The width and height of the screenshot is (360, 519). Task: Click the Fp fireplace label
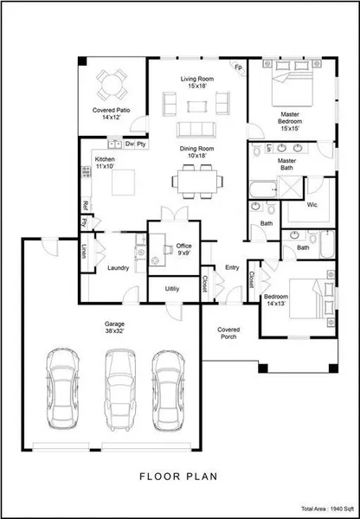(x=238, y=67)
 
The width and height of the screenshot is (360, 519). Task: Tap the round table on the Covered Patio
(x=112, y=85)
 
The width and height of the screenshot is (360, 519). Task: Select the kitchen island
(x=123, y=183)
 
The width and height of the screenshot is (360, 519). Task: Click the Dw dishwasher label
(x=130, y=144)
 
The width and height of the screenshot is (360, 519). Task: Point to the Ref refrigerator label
(x=85, y=206)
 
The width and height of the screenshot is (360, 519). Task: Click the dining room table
(x=197, y=182)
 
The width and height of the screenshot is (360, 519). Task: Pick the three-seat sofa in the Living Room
(x=196, y=130)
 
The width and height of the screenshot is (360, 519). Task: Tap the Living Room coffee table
(x=197, y=106)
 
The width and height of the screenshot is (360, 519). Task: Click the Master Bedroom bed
(x=292, y=83)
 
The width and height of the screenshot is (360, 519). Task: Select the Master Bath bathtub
(x=263, y=189)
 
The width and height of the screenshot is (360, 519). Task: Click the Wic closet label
(x=312, y=205)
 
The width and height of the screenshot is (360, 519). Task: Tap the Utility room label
(x=172, y=289)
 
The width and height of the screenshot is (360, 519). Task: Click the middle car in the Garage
(x=120, y=389)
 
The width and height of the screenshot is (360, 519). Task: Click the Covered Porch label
(x=228, y=333)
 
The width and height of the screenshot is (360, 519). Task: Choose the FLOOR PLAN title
(x=178, y=477)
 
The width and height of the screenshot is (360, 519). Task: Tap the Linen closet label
(x=84, y=251)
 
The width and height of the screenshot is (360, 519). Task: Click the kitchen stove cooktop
(x=87, y=172)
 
